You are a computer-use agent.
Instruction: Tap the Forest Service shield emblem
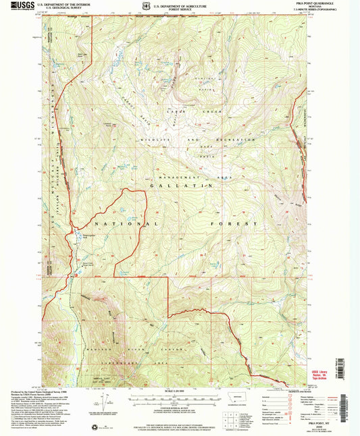pos(148,7)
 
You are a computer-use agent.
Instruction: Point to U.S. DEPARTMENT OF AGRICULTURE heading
pos(182,5)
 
